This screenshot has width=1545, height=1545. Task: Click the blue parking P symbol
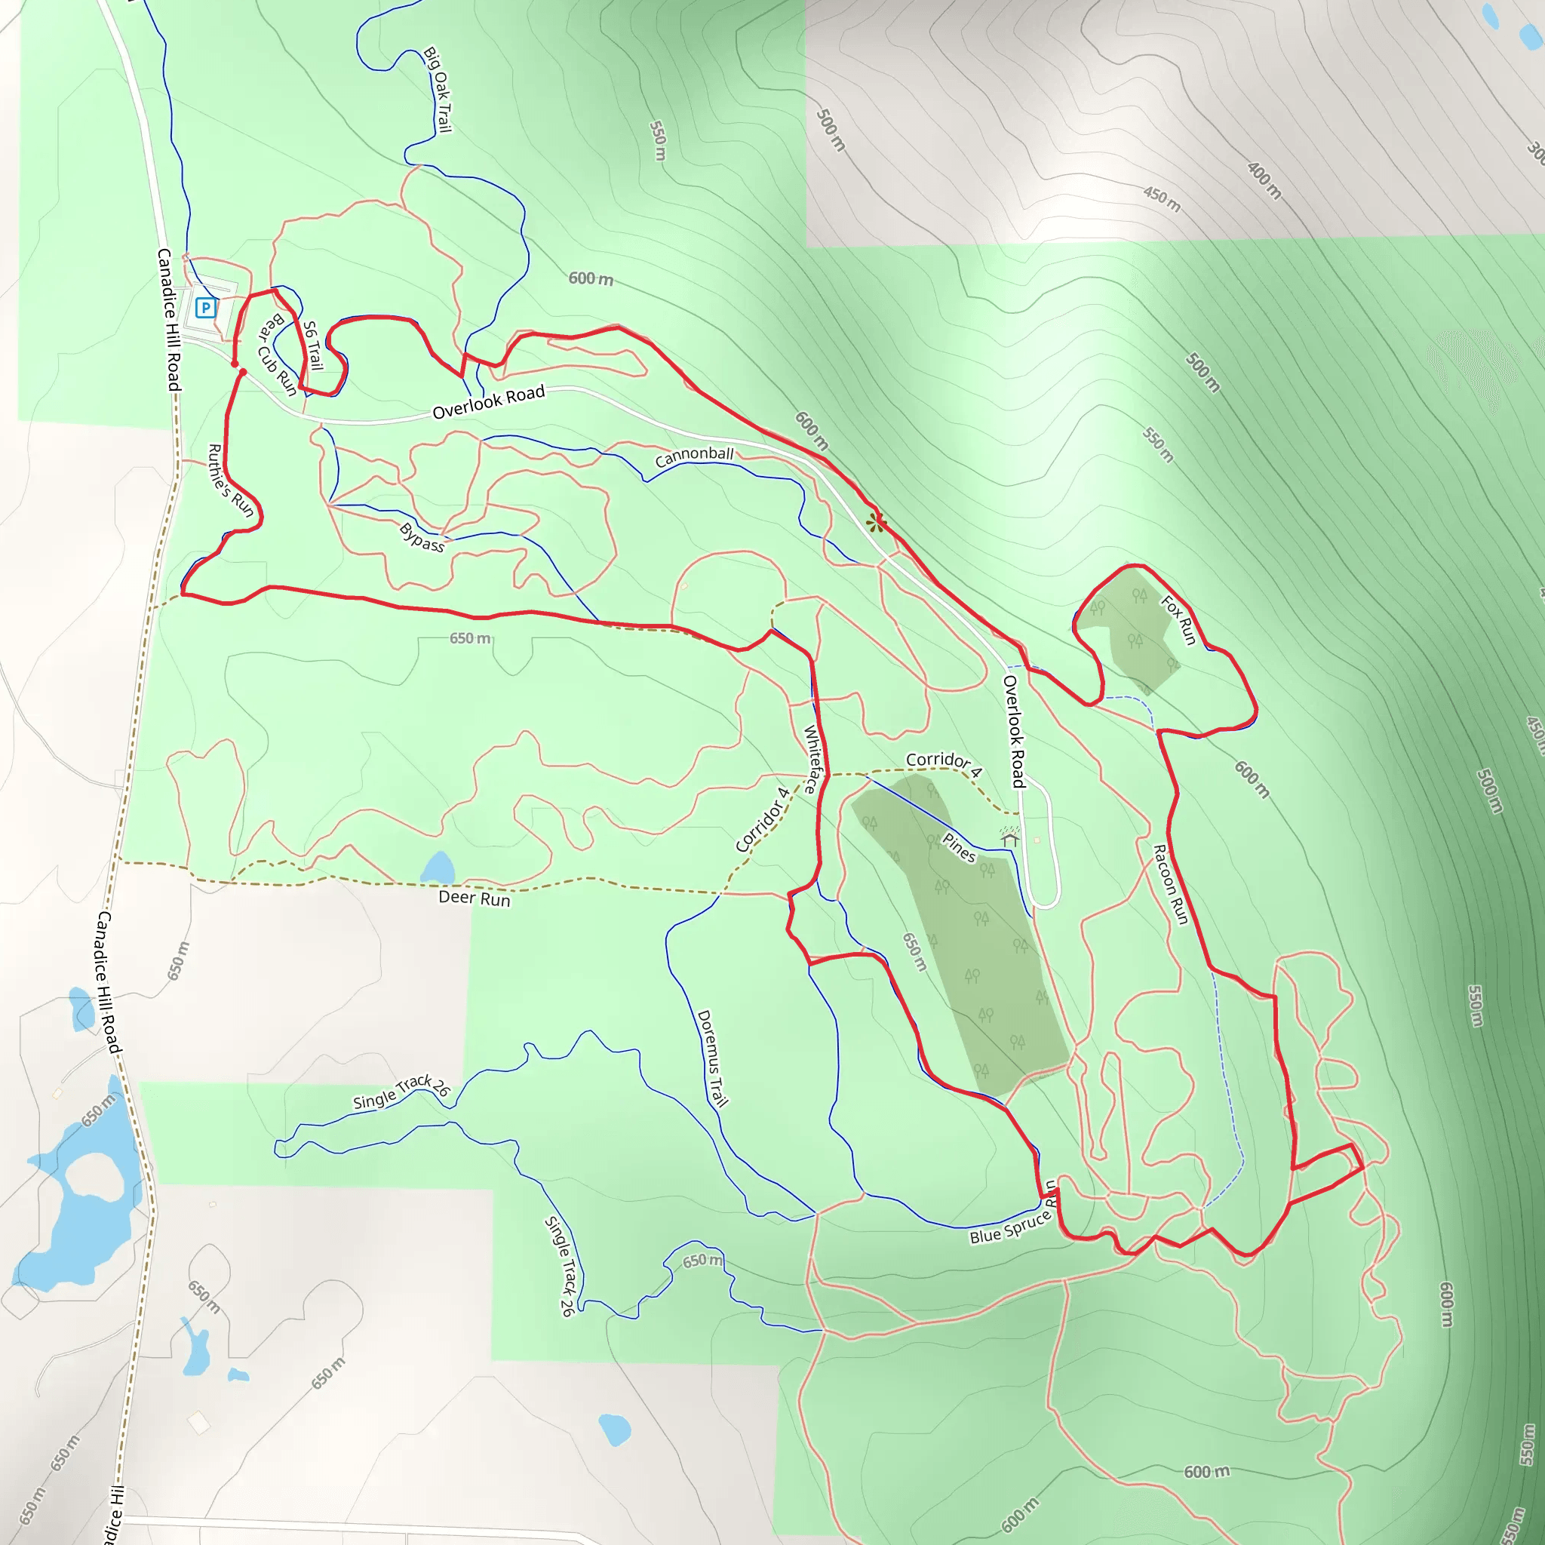click(205, 307)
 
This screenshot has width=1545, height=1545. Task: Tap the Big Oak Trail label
click(438, 90)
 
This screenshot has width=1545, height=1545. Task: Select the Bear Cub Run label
click(277, 355)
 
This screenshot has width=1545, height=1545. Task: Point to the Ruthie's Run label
click(230, 481)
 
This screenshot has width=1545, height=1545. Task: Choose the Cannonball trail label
click(694, 456)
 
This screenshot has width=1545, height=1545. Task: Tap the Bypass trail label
click(422, 537)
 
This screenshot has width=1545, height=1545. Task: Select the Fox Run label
click(1179, 620)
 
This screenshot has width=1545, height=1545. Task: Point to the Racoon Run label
click(1170, 884)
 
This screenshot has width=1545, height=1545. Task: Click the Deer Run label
click(475, 898)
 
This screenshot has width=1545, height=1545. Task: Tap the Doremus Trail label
click(712, 1058)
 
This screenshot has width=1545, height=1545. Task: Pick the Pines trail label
click(959, 848)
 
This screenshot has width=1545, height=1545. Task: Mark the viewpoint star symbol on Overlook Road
click(877, 524)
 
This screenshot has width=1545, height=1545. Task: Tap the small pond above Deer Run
click(438, 868)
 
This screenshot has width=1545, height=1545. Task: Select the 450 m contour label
click(1161, 198)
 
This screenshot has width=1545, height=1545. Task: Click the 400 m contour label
click(1264, 180)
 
